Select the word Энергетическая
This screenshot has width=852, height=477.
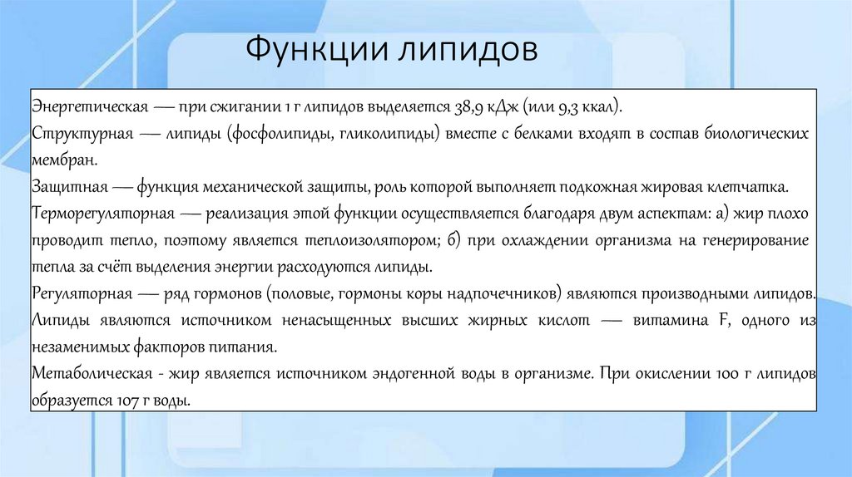click(x=91, y=108)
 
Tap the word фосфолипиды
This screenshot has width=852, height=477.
click(x=284, y=134)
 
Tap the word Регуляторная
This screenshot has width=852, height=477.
click(x=82, y=293)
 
